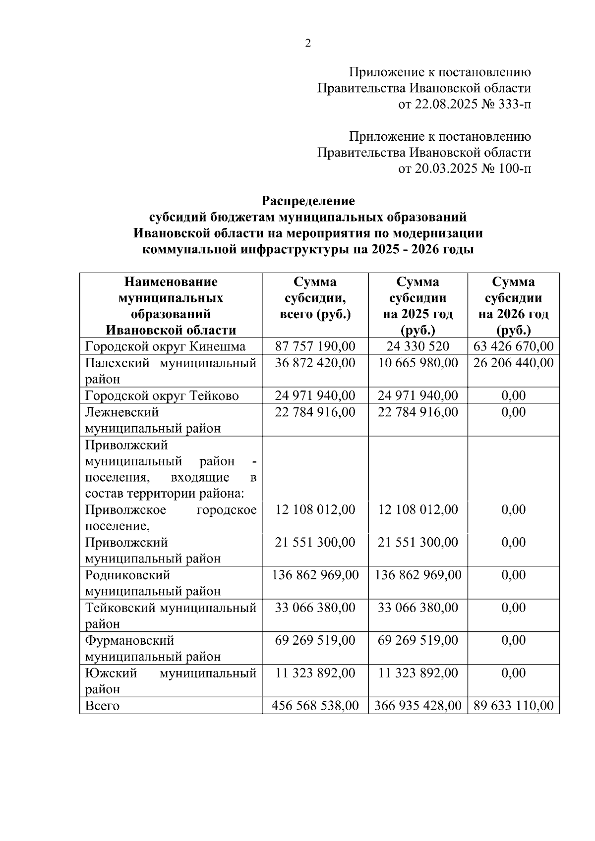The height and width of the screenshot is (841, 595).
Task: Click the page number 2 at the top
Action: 308,44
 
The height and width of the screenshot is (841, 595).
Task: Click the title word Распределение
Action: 308,201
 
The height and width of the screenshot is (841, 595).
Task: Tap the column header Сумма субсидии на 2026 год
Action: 513,306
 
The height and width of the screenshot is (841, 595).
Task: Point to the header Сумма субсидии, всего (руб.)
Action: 315,298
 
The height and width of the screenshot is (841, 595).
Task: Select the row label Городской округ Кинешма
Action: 165,346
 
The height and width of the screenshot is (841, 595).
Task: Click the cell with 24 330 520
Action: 417,346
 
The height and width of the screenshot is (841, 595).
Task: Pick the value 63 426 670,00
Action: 513,346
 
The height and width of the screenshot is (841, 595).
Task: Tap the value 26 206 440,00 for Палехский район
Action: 513,363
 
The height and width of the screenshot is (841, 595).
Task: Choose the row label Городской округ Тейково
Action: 162,395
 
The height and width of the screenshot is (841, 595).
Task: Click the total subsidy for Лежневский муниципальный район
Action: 315,412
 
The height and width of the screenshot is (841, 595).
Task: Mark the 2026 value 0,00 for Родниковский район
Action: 513,575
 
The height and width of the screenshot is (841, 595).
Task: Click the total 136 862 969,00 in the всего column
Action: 315,575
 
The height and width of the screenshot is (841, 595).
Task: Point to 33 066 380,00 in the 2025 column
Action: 417,608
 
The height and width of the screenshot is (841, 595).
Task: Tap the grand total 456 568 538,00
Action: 315,705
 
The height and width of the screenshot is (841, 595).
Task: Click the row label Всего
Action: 102,706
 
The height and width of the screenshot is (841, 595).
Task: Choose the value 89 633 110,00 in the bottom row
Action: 513,705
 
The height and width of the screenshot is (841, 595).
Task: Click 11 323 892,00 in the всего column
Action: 315,673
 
